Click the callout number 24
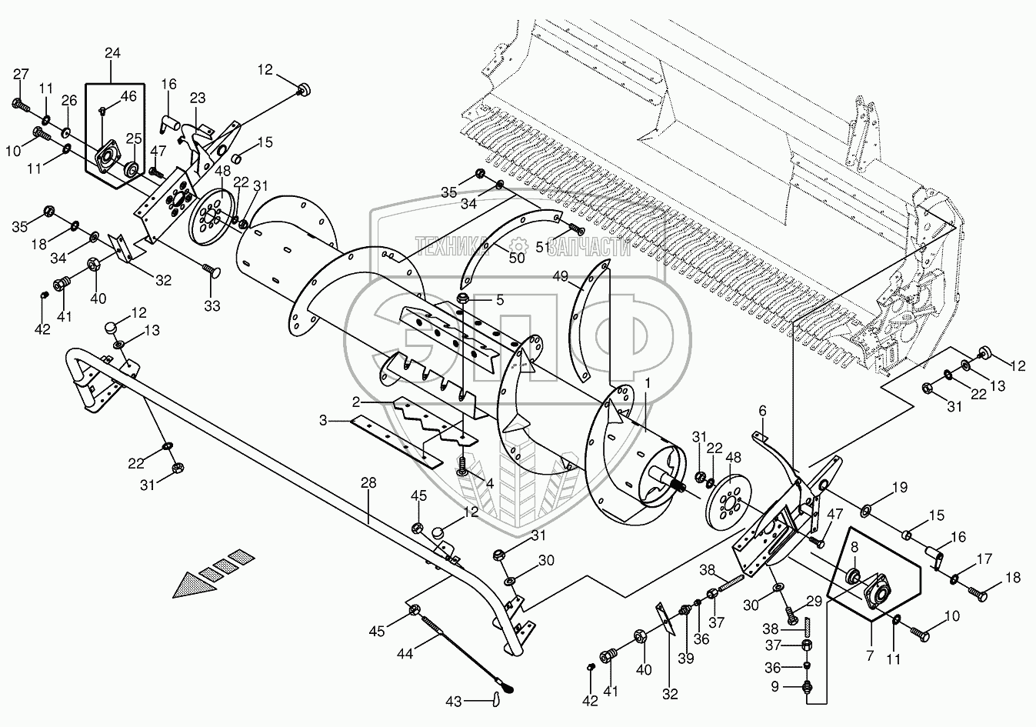point(112,53)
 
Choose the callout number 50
point(516,258)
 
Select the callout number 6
point(763,412)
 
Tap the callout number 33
point(212,306)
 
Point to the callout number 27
point(21,74)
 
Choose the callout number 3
point(325,421)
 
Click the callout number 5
point(500,300)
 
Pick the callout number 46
point(128,96)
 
